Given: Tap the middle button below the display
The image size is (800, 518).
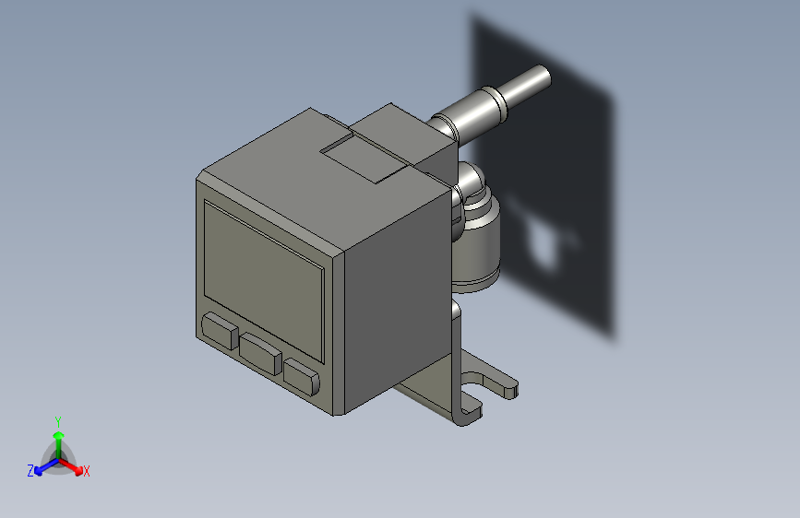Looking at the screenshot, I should pyautogui.click(x=261, y=353).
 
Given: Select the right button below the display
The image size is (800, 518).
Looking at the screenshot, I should pyautogui.click(x=302, y=375).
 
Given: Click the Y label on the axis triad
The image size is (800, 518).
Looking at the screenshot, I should pyautogui.click(x=57, y=419).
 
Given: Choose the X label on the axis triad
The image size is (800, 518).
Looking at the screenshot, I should pyautogui.click(x=87, y=472).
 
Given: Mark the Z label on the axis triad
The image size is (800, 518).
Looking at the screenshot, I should pyautogui.click(x=30, y=470).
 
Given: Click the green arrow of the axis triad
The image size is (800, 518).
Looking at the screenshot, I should pyautogui.click(x=58, y=437).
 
